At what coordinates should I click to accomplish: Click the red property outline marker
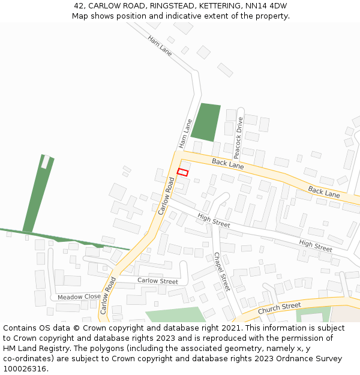(183, 172)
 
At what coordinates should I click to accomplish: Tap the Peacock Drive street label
(238, 134)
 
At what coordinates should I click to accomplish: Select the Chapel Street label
(222, 271)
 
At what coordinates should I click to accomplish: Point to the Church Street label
(279, 308)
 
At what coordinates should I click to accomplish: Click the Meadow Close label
(79, 296)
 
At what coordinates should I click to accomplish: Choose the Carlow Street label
(158, 281)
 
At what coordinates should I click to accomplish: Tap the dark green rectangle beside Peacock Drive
(206, 122)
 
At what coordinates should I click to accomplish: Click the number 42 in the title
(79, 6)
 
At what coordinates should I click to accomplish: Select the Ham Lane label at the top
(160, 46)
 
